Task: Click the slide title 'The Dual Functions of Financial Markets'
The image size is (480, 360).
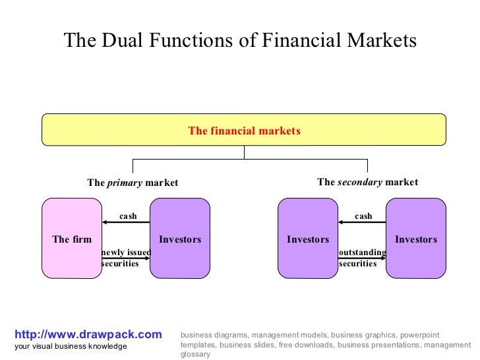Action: [240, 41]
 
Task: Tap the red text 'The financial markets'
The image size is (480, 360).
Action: [244, 131]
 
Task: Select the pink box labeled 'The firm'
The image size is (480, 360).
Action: [72, 239]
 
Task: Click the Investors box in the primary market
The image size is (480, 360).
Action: [180, 239]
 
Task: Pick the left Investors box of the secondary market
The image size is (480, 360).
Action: [307, 239]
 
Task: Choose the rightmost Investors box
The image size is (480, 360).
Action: [415, 239]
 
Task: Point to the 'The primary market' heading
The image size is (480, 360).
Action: [133, 183]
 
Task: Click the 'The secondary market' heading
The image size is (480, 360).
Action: [367, 182]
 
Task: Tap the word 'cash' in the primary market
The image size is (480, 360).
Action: [128, 216]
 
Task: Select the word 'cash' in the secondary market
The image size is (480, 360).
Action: [363, 216]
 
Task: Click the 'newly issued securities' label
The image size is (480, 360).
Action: [125, 258]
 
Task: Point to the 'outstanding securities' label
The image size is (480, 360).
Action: [362, 258]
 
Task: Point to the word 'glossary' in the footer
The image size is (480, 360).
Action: [195, 354]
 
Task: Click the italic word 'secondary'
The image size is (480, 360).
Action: [359, 182]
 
